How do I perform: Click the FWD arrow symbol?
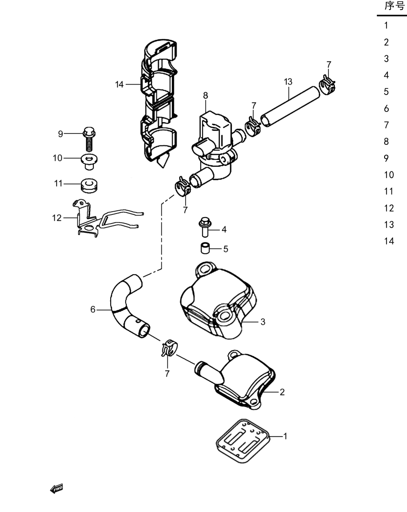coord(56,489)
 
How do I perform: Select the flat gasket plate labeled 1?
coord(243,441)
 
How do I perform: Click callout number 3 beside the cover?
coord(263,322)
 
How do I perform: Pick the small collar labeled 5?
coord(205,248)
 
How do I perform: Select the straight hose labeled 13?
coord(290,106)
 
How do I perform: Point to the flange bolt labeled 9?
coord(89,139)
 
